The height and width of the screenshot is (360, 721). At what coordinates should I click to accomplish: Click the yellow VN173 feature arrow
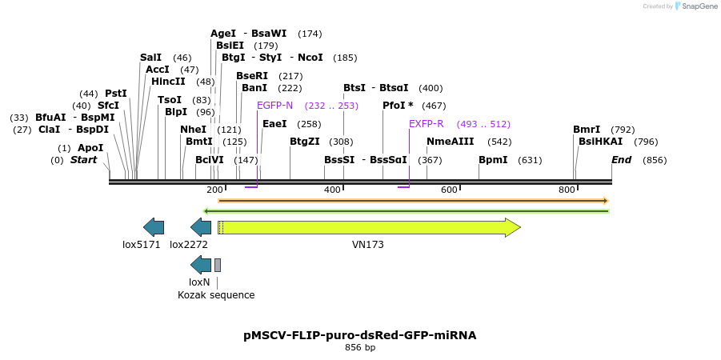tap(368, 228)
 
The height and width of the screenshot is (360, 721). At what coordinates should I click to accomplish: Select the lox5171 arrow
tap(153, 228)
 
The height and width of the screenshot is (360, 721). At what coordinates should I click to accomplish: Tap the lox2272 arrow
tap(201, 228)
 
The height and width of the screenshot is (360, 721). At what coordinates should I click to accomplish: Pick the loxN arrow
tap(201, 266)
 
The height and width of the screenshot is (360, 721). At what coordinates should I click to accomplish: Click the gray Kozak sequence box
tap(218, 266)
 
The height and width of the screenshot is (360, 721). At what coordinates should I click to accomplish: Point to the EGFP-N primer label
tap(274, 106)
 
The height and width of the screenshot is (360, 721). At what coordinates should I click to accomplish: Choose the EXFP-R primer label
tap(426, 125)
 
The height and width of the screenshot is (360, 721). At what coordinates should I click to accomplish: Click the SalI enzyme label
tap(150, 58)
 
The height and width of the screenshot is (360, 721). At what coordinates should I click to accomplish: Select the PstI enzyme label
tap(116, 94)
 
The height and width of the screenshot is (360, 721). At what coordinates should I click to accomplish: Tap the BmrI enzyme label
tap(587, 130)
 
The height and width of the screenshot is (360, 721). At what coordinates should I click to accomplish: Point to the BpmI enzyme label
tap(493, 160)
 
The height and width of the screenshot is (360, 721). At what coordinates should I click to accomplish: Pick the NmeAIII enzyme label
tap(450, 142)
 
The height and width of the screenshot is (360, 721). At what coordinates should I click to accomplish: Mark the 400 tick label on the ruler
tap(332, 190)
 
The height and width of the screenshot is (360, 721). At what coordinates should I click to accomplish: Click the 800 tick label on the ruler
tap(567, 190)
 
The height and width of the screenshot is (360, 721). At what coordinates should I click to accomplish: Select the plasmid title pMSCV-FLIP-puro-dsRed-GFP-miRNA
tap(359, 335)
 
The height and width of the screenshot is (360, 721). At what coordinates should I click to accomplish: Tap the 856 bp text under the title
tap(359, 348)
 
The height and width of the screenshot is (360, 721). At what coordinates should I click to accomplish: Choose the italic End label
tap(621, 160)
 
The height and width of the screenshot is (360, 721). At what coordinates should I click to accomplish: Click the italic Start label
tap(83, 160)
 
